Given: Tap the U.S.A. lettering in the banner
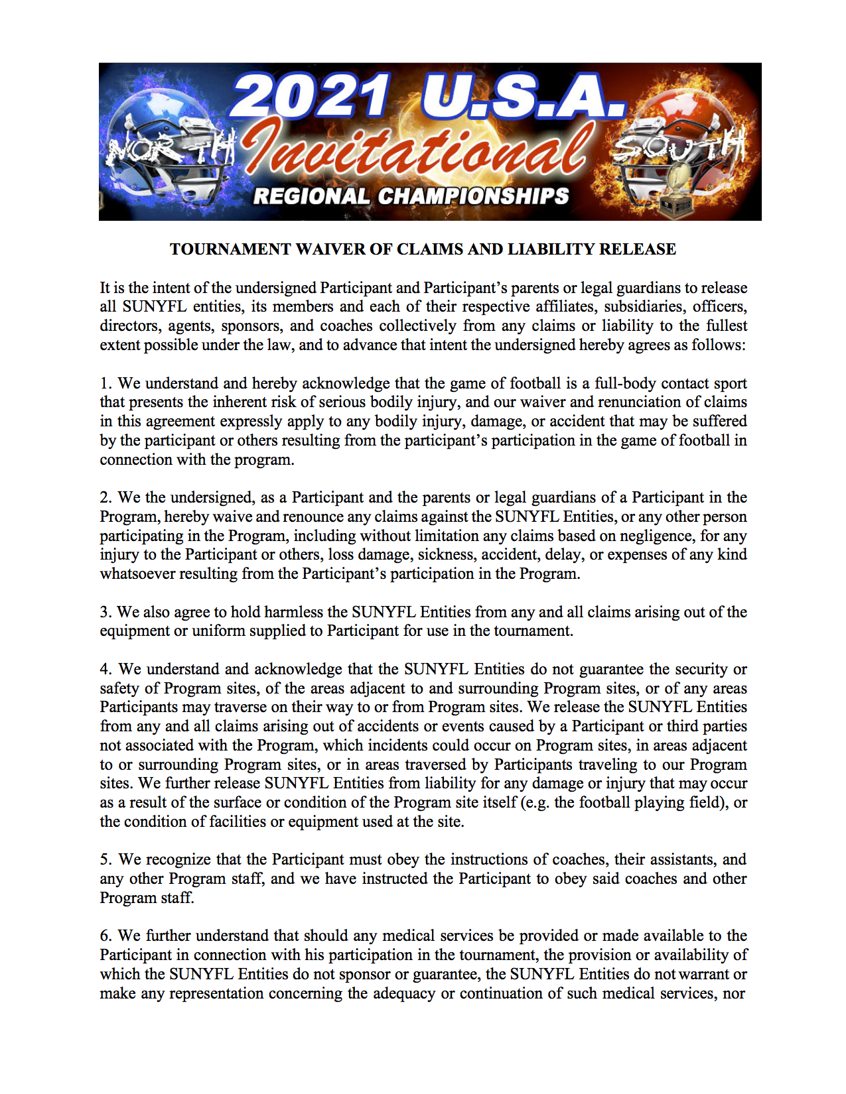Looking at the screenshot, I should pyautogui.click(x=523, y=96).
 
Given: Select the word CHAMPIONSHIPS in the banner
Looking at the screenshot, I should pyautogui.click(x=473, y=196).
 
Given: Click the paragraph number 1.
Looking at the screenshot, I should pyautogui.click(x=106, y=384).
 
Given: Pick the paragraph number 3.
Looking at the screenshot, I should pyautogui.click(x=105, y=612).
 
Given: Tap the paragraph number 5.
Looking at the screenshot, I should pyautogui.click(x=106, y=860).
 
